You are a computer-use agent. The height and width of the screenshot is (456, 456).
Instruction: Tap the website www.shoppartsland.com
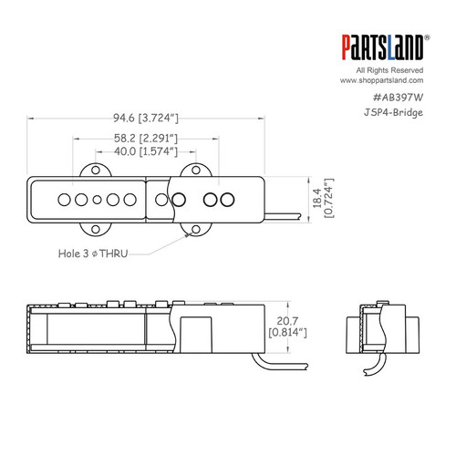(x=391, y=80)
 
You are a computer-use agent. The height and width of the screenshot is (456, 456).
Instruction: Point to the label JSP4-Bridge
(x=402, y=113)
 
